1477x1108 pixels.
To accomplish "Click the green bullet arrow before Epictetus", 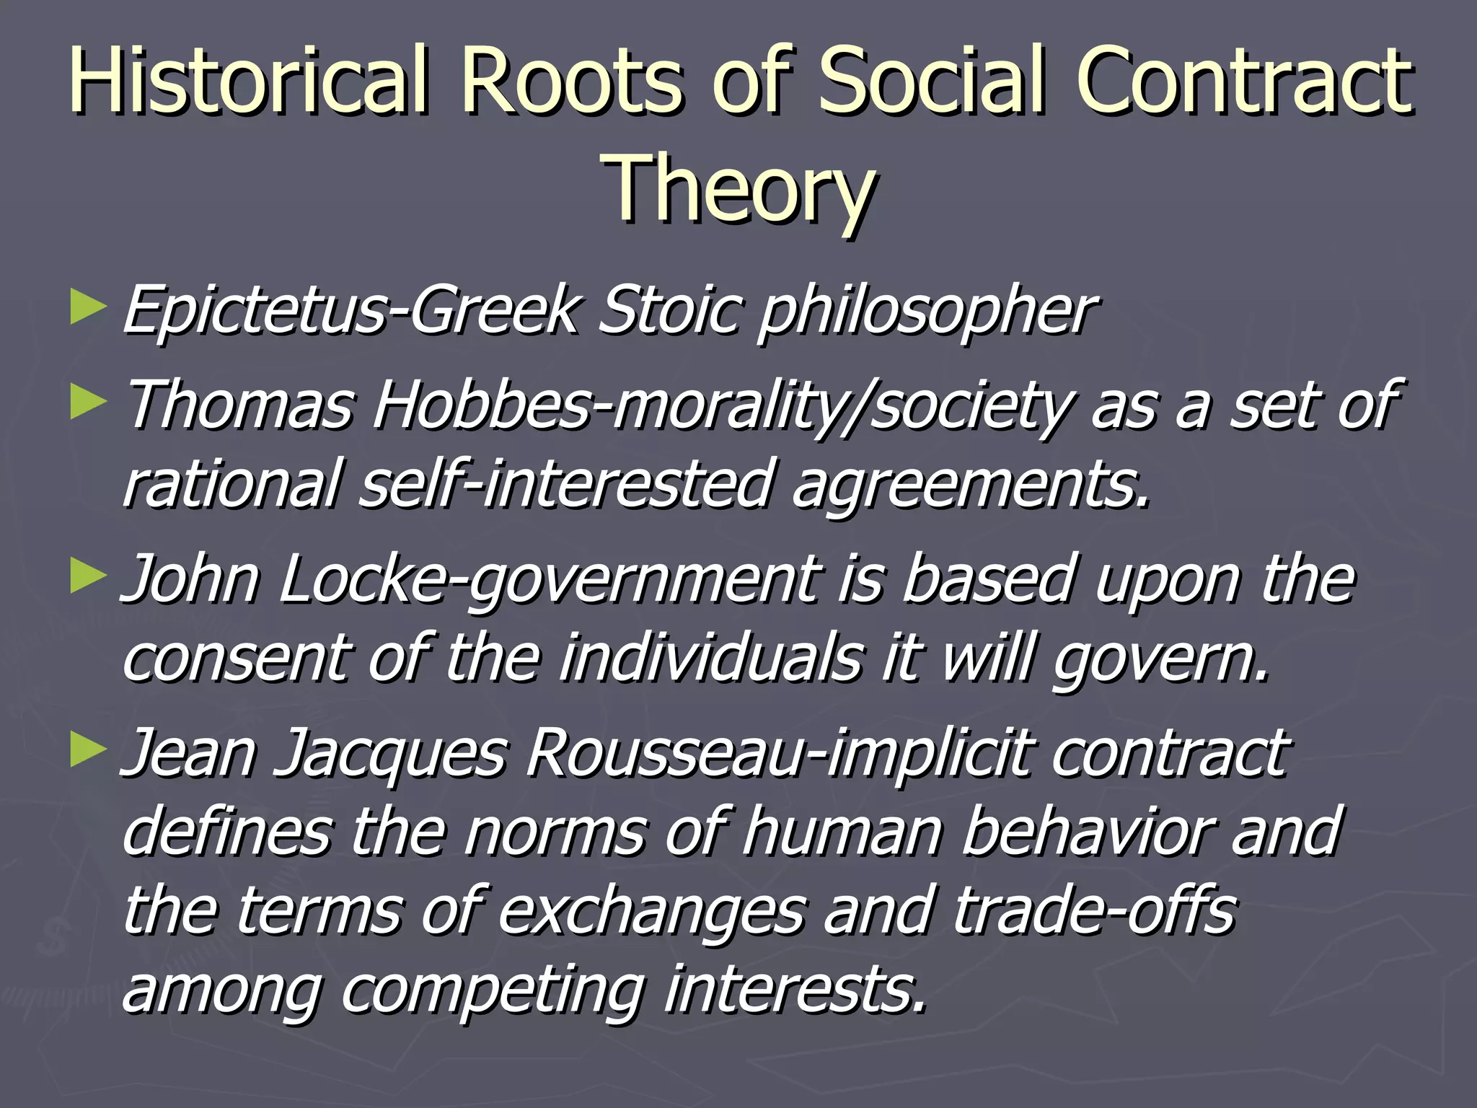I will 88,307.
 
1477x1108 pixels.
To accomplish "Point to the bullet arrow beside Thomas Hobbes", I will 88,403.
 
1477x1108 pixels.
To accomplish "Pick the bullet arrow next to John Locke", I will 88,577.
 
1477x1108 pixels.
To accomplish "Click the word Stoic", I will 668,310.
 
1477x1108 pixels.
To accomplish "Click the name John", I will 190,579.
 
